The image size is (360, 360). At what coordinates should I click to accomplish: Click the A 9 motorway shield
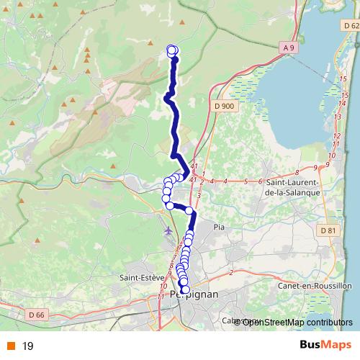click(x=289, y=48)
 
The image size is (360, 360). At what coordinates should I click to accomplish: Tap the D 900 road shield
click(x=225, y=106)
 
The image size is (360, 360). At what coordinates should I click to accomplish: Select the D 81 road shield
click(x=328, y=230)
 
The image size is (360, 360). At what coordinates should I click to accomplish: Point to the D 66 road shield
click(x=37, y=315)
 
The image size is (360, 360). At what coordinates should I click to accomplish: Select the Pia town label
click(x=221, y=227)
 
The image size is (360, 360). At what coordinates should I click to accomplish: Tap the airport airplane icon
click(x=168, y=230)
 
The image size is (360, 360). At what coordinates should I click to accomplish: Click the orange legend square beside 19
click(x=12, y=346)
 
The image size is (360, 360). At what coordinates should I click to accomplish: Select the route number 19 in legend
click(x=28, y=346)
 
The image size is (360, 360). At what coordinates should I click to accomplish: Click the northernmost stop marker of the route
click(x=172, y=50)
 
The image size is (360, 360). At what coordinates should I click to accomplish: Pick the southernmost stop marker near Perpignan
click(x=185, y=289)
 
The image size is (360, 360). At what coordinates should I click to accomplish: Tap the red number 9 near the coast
click(x=326, y=166)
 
